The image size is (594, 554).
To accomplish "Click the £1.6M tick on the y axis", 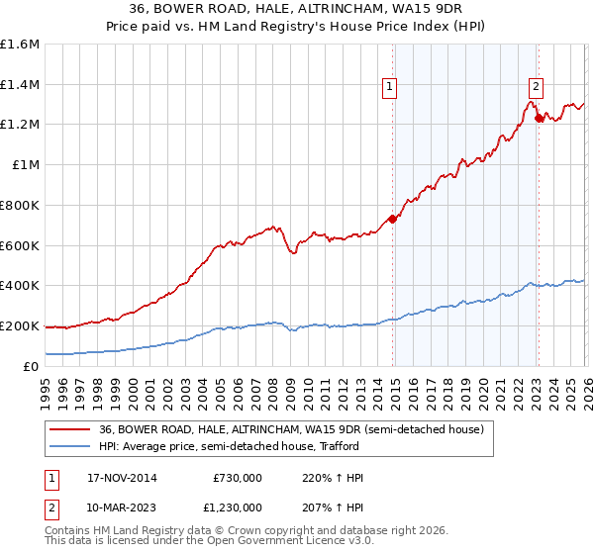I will [x=20, y=45].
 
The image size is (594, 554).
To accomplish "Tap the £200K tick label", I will [x=20, y=325].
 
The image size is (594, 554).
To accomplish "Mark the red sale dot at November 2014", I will [x=392, y=219].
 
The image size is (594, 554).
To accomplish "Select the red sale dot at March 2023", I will [x=539, y=118].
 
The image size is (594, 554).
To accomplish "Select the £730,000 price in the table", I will [x=238, y=478].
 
